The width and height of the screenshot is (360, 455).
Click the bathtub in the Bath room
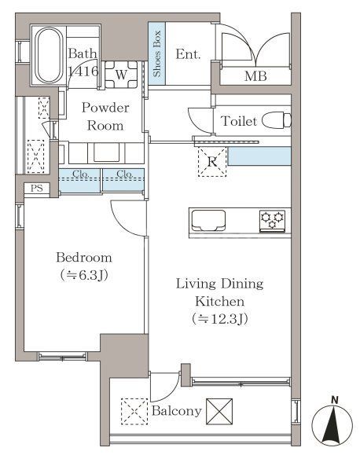click(49, 55)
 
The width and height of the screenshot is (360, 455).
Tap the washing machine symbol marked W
click(121, 75)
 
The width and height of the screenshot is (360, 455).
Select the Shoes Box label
click(156, 53)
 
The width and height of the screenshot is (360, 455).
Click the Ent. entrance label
click(188, 54)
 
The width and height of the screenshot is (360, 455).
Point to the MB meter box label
click(255, 76)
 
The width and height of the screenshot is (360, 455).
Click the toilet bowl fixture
click(277, 120)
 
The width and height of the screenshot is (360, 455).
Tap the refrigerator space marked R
click(212, 162)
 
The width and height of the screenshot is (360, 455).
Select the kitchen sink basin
click(208, 221)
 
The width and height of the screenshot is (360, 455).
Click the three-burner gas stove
click(272, 221)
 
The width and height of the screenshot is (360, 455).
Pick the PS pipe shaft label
click(37, 189)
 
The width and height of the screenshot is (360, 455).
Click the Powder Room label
click(105, 116)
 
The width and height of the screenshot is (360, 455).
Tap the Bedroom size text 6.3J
click(84, 275)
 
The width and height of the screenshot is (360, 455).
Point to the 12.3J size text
click(220, 319)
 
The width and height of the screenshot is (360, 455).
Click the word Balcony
click(177, 411)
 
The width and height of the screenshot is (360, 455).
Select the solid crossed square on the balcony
click(219, 412)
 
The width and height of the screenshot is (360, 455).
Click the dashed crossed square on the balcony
click(134, 412)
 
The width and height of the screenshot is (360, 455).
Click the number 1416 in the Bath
click(83, 71)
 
